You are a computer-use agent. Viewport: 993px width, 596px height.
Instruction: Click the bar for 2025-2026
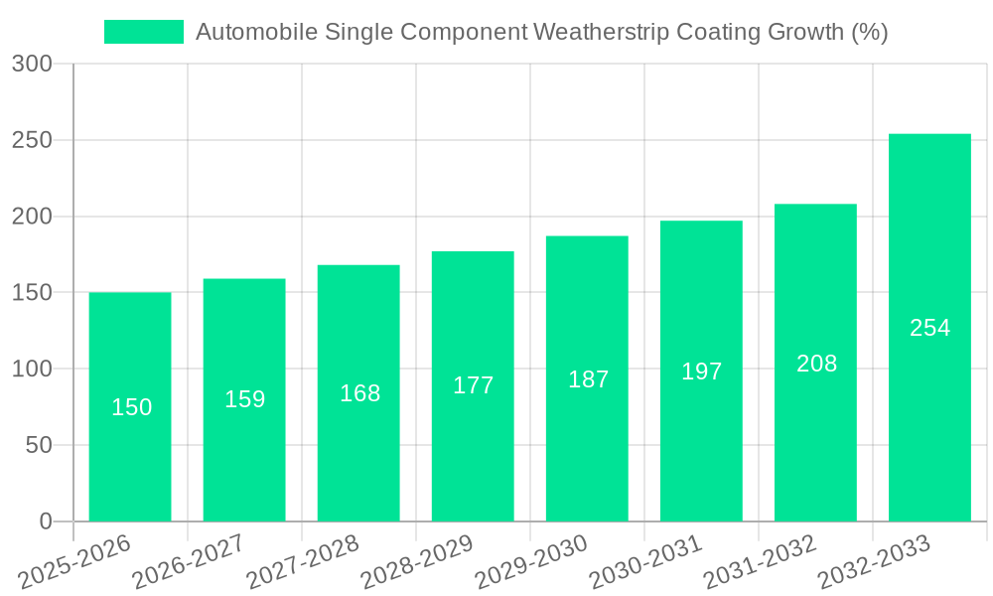coord(130,406)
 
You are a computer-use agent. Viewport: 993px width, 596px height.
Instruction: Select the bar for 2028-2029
coord(473,386)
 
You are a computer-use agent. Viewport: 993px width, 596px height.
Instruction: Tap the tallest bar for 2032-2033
coord(929,328)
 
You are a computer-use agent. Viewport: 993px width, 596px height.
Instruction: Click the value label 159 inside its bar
coord(244,399)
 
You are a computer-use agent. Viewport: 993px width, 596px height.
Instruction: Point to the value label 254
coord(929,328)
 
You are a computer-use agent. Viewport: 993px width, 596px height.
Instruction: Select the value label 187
coord(588,379)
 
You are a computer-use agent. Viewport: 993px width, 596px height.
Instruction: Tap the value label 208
coord(816,364)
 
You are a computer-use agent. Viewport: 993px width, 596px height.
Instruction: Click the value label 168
coord(359,393)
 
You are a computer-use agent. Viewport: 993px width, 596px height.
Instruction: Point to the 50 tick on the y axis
coord(39,446)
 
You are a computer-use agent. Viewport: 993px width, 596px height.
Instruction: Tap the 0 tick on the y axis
coord(46,521)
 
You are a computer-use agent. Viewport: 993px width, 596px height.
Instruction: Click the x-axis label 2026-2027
coord(189,562)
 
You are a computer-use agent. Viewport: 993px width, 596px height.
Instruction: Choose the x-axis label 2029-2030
coord(531,562)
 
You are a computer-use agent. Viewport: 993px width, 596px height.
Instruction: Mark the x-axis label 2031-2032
coord(760,562)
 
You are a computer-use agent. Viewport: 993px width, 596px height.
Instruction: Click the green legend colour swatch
coord(144,32)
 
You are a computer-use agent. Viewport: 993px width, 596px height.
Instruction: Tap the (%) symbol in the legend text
coord(870,32)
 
